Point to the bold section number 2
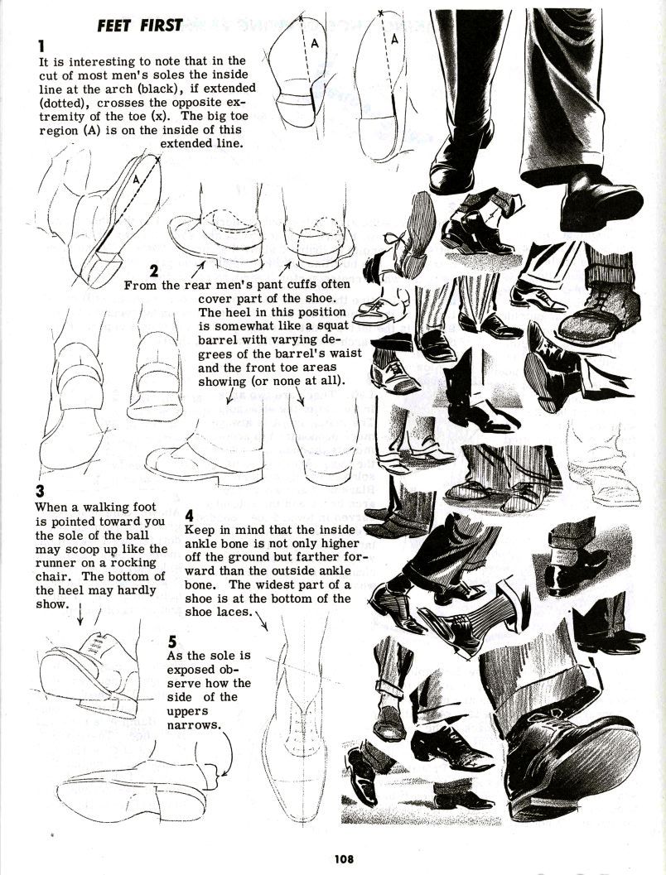[154, 271]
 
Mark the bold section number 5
[172, 640]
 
